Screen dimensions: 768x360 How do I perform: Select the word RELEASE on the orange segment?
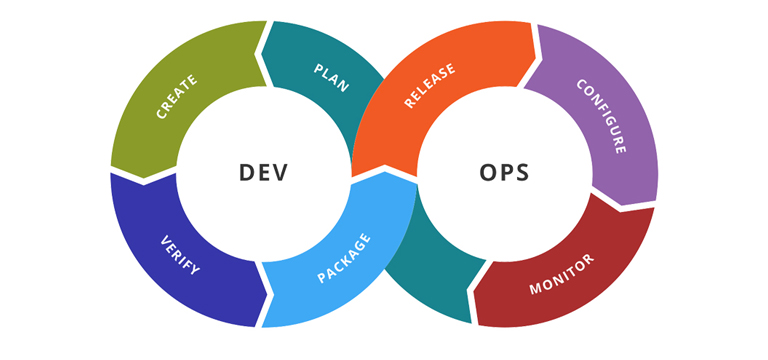430,85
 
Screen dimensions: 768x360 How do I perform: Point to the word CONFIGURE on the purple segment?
601,116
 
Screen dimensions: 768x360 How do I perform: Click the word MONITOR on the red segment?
563,273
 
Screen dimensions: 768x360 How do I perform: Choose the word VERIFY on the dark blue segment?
181,255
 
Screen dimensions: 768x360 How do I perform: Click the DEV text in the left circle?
264,172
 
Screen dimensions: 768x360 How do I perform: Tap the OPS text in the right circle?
504,172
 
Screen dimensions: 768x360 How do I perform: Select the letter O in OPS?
486,172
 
